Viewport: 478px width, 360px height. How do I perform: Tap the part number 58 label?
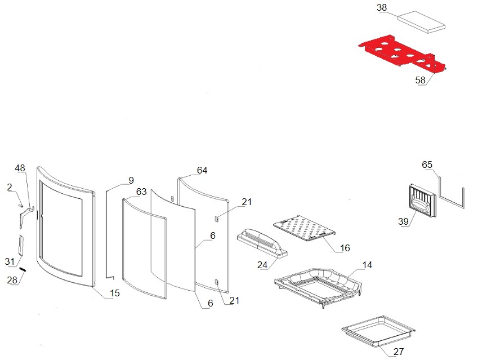tap(421, 81)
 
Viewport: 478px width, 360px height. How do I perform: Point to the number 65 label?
tap(427, 165)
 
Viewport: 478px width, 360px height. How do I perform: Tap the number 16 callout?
tap(345, 248)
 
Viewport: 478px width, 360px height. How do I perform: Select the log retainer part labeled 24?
tap(261, 241)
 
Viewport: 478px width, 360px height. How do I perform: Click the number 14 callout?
tap(367, 265)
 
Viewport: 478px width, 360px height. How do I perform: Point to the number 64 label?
tap(202, 170)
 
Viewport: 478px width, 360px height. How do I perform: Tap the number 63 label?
tap(141, 192)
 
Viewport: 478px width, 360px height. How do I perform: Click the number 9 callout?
tap(131, 180)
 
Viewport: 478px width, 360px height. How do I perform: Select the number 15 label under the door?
tap(114, 293)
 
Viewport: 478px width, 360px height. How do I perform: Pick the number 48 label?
tap(20, 168)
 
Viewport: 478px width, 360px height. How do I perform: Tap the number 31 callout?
tap(9, 261)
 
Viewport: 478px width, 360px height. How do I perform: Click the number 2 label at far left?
tap(10, 186)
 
